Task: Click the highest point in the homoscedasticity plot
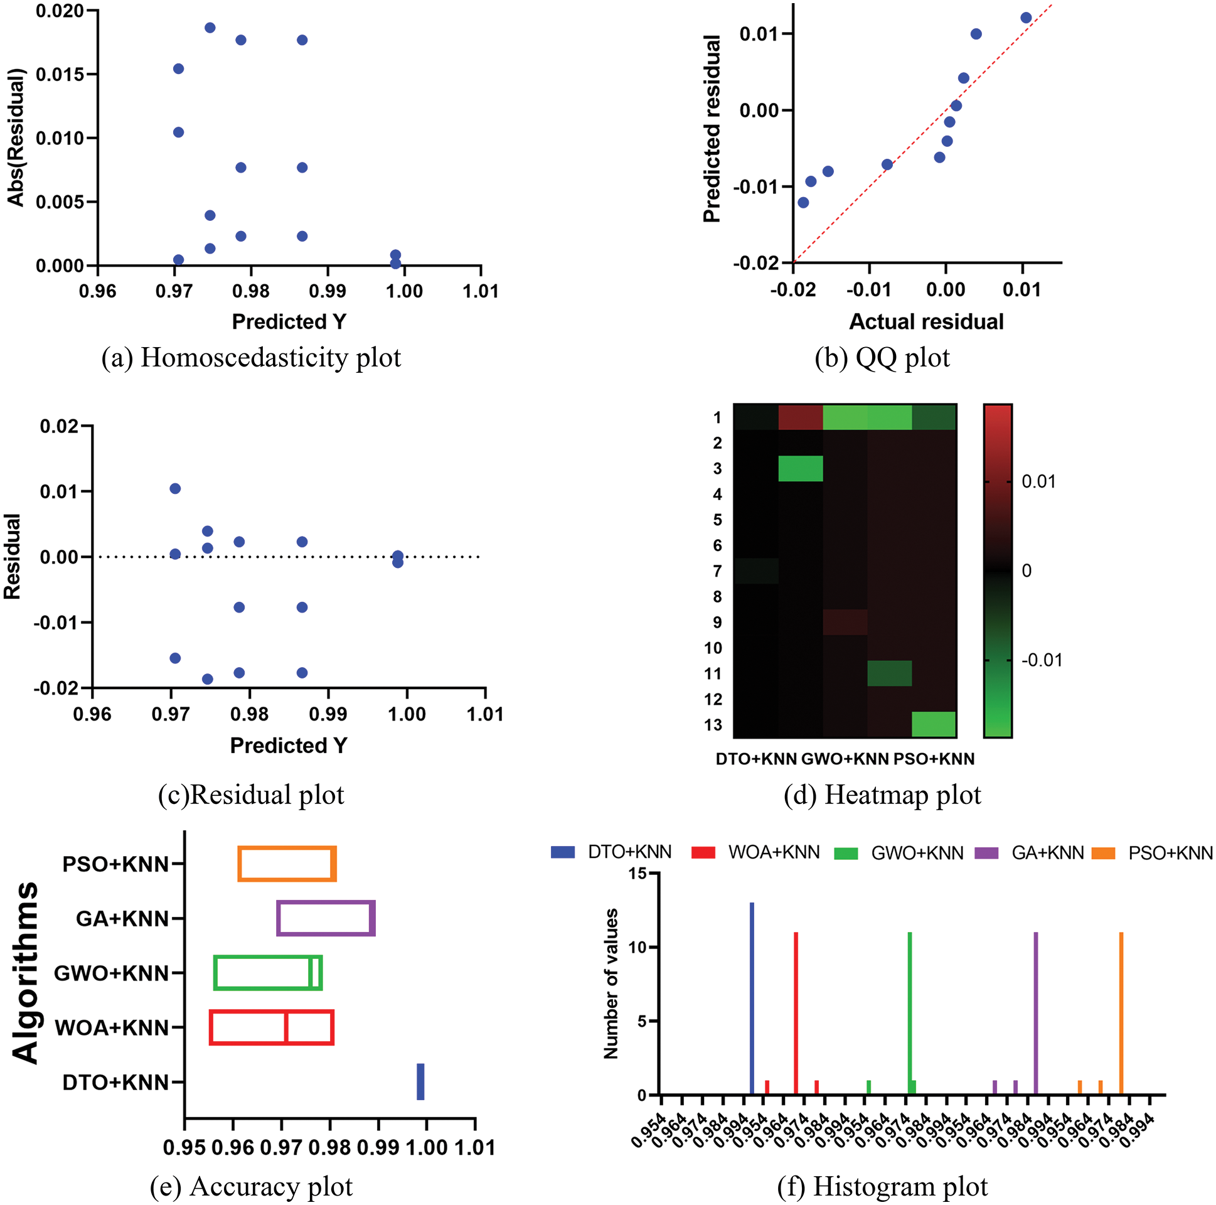pos(210,28)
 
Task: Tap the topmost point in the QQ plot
pos(1026,18)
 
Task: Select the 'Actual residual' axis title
pos(927,322)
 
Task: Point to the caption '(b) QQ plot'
pos(882,358)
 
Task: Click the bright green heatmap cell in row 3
pos(801,468)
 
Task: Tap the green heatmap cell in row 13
pos(934,725)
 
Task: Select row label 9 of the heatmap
pos(717,622)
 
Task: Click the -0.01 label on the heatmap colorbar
pos(1042,660)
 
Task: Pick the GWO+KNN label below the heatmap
pos(845,759)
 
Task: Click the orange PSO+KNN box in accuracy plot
pos(287,864)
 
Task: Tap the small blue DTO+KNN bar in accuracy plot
pos(420,1081)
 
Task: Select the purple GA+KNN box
pos(326,919)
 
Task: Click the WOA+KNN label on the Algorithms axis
pos(112,1027)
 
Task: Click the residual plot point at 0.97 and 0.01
pos(175,488)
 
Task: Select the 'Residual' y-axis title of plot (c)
pos(13,557)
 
